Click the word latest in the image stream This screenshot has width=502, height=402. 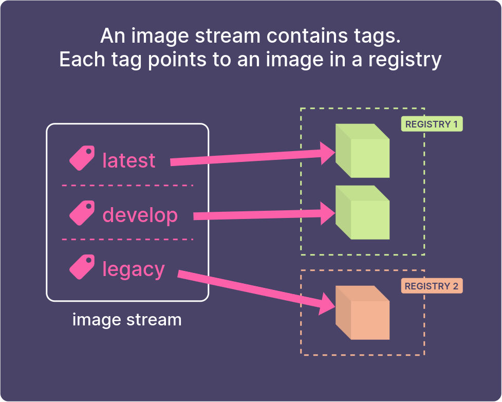click(128, 160)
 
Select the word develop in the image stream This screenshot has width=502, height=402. click(140, 215)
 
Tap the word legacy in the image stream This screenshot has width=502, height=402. click(134, 269)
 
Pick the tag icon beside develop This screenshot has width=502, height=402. click(82, 213)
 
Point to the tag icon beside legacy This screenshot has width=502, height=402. click(82, 267)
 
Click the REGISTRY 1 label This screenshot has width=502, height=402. click(432, 124)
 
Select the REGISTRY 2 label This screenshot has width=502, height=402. click(432, 286)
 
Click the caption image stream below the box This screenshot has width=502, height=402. click(127, 320)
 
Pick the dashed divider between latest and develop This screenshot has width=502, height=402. click(127, 185)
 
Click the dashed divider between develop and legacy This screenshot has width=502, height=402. click(127, 239)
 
